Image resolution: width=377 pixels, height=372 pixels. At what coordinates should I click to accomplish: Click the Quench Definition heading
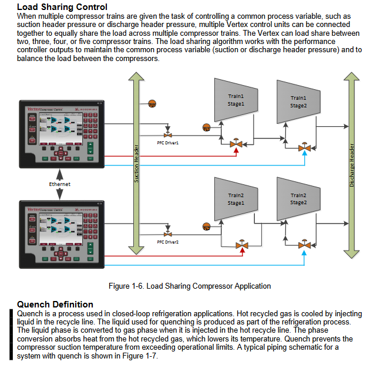pyautogui.click(x=55, y=305)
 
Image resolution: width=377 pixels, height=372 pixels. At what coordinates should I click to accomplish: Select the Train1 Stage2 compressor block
pyautogui.click(x=298, y=102)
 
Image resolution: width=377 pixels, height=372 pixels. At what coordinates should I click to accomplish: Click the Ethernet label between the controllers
pyautogui.click(x=59, y=184)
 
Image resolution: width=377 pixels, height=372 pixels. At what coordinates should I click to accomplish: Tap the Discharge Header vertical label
pyautogui.click(x=352, y=164)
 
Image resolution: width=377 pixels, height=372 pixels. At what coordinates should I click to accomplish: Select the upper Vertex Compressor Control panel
pyautogui.click(x=62, y=133)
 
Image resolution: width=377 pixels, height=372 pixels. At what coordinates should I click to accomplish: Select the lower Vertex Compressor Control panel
pyautogui.click(x=62, y=232)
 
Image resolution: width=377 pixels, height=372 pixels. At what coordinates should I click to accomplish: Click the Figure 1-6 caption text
pyautogui.click(x=190, y=286)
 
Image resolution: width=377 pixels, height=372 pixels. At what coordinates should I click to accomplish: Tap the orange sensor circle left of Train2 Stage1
pyautogui.click(x=206, y=226)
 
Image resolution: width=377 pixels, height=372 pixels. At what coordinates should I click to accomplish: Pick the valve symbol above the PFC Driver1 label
pyautogui.click(x=168, y=127)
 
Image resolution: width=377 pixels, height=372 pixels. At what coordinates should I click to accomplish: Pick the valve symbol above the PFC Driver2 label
pyautogui.click(x=168, y=228)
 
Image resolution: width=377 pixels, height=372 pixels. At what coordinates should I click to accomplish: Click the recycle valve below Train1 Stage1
pyautogui.click(x=237, y=144)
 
